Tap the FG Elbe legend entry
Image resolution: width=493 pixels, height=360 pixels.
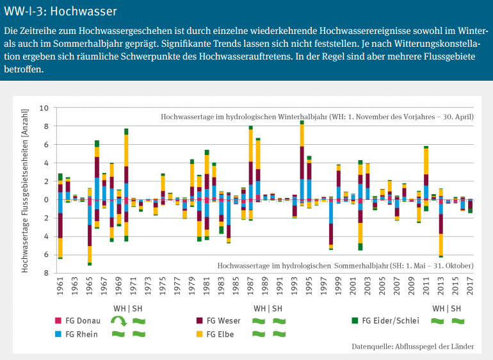point(218,334)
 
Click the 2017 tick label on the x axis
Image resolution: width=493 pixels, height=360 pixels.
point(470,288)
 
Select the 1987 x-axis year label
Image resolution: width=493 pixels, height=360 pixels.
point(250,288)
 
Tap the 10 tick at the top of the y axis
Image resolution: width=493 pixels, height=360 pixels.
point(44,108)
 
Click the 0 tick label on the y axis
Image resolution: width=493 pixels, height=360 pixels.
point(46,200)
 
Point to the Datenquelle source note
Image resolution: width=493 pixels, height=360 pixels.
point(412,347)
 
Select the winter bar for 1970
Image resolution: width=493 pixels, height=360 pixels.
point(126,164)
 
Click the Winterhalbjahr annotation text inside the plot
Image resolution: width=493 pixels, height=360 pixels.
point(317,117)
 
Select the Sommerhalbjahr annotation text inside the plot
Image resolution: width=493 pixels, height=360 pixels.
point(345,265)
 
